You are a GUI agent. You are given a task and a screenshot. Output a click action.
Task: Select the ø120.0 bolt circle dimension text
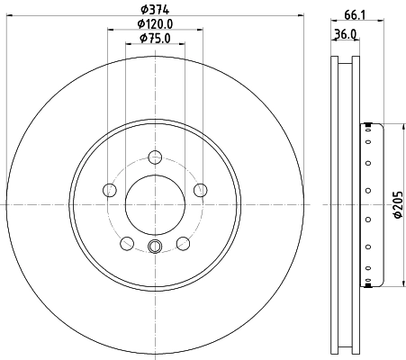(155, 24)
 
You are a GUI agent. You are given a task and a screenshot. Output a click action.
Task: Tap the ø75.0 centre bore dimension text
(155, 39)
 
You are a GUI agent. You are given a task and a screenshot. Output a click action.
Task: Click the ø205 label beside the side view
(397, 205)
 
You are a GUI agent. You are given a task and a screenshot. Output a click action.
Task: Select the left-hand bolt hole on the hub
(110, 190)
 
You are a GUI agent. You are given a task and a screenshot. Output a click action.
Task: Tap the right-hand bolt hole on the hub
(200, 190)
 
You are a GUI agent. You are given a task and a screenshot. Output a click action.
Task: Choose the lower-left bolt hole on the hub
(127, 243)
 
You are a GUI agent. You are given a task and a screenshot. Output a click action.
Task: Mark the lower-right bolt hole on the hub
(183, 243)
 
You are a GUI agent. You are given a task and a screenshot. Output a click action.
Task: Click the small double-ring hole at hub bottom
(155, 248)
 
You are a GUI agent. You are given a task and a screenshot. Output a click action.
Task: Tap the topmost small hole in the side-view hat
(368, 126)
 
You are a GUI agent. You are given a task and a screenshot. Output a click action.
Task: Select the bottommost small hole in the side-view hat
(368, 285)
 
